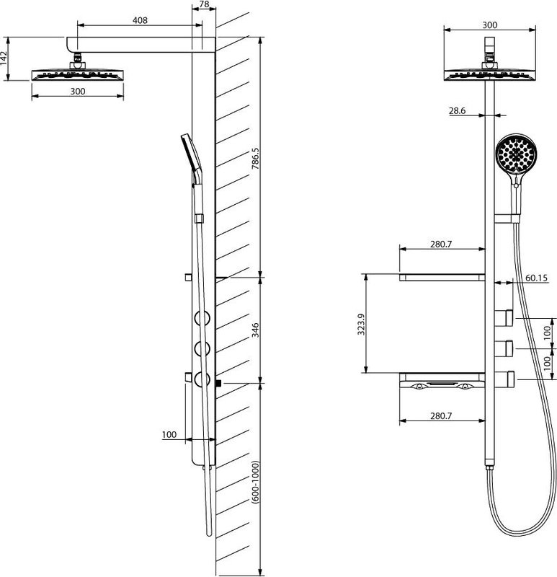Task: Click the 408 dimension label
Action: tap(140, 20)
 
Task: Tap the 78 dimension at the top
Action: tap(204, 4)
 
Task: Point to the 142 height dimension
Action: tap(4, 58)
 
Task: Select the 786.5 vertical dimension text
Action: tap(255, 158)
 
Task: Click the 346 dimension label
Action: tap(255, 330)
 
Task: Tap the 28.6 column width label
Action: tap(458, 110)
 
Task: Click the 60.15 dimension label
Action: tap(536, 278)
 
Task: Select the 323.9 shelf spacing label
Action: tap(361, 324)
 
